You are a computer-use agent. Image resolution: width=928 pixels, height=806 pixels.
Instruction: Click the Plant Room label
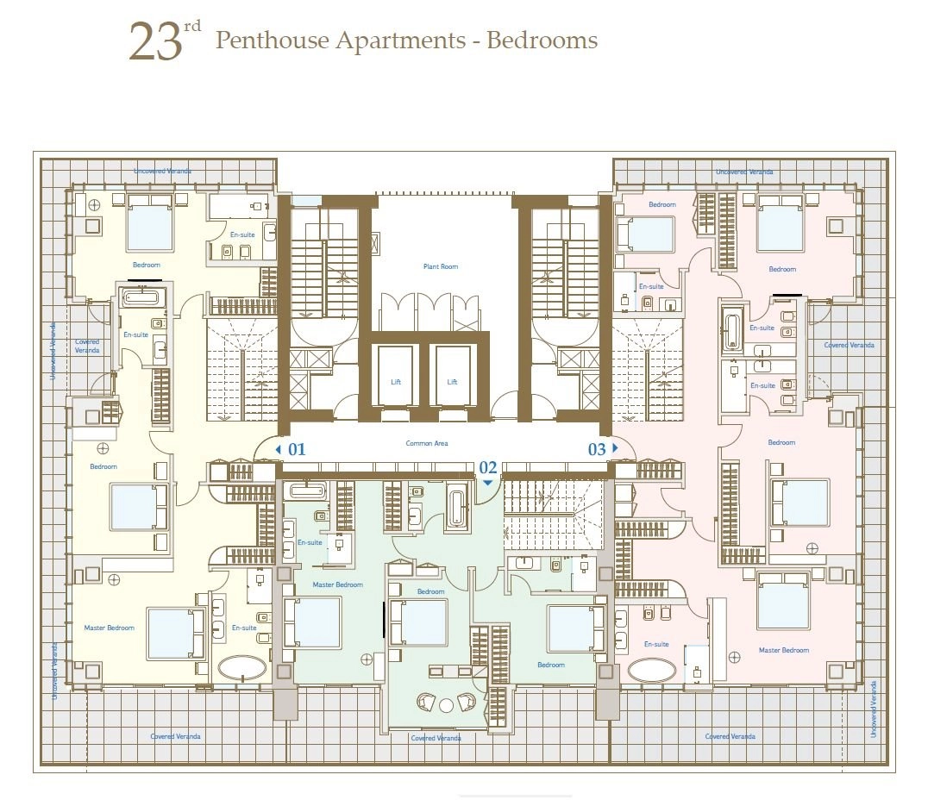(x=441, y=266)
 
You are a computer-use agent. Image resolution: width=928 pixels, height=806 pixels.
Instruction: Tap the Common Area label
(x=427, y=443)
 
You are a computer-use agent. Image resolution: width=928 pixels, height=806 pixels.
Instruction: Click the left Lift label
(x=396, y=382)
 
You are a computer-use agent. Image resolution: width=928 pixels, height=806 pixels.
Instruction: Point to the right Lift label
(x=452, y=382)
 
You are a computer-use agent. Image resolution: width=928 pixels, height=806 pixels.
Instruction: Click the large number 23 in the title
(x=154, y=42)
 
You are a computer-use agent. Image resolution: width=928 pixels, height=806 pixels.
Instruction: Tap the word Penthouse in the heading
(x=272, y=41)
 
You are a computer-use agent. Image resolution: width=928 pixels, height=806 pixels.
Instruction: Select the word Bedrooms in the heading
(x=542, y=41)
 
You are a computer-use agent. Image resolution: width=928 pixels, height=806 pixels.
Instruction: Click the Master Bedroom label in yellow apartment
(x=109, y=628)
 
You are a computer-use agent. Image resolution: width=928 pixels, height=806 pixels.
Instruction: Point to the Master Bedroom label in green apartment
(x=337, y=584)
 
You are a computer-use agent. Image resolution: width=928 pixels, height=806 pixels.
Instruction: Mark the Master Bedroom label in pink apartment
(x=784, y=650)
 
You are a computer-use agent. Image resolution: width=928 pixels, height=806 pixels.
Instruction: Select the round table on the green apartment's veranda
(x=446, y=705)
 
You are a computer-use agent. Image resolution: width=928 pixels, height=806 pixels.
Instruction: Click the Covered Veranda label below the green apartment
(x=436, y=738)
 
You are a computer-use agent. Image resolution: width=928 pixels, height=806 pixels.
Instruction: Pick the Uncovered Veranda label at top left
(x=162, y=171)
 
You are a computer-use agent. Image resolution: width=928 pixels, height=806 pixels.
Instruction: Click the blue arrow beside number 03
(x=615, y=447)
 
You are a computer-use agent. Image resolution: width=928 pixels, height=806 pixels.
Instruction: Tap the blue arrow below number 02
(x=487, y=483)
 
